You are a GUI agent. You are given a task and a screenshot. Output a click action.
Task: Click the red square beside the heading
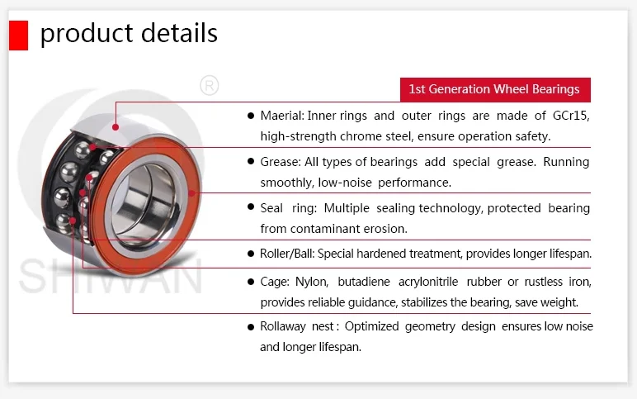pyautogui.click(x=19, y=36)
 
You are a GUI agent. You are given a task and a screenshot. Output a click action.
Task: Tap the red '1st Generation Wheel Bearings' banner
pyautogui.click(x=495, y=89)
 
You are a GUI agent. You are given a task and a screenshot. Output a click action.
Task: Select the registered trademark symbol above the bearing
pyautogui.click(x=210, y=85)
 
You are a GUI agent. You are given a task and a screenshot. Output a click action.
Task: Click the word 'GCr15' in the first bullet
pyautogui.click(x=571, y=116)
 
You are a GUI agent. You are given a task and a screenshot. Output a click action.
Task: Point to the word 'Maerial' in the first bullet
pyautogui.click(x=282, y=116)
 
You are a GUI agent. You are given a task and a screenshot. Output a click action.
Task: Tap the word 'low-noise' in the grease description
pyautogui.click(x=345, y=183)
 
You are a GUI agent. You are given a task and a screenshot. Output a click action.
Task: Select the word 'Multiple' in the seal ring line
pyautogui.click(x=347, y=208)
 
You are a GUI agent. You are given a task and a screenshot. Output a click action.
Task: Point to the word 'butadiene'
pyautogui.click(x=364, y=282)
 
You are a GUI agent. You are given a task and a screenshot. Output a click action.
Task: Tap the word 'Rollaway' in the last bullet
pyautogui.click(x=283, y=326)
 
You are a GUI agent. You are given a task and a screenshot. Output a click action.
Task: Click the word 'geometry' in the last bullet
pyautogui.click(x=430, y=326)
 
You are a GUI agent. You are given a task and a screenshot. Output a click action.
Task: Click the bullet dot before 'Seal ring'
pyautogui.click(x=251, y=207)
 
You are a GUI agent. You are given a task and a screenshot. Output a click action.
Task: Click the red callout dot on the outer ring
pyautogui.click(x=116, y=127)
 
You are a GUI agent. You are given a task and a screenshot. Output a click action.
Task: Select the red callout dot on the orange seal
pyautogui.click(x=191, y=192)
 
